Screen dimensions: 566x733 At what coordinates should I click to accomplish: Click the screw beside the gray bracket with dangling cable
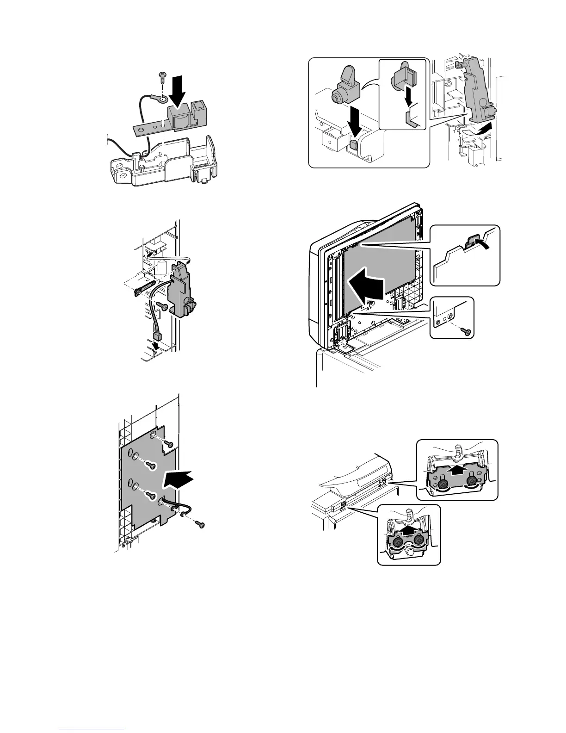coord(162,305)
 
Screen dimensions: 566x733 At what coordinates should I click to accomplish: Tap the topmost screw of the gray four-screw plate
coord(169,444)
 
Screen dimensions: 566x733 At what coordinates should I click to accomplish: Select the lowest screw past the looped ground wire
coord(200,524)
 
